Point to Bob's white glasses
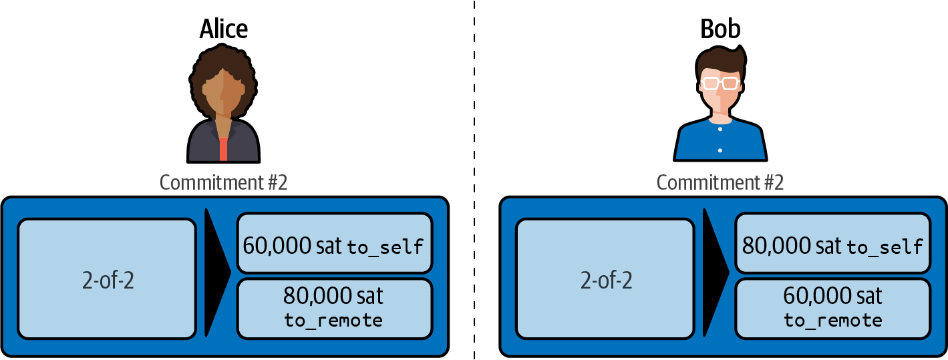click(720, 83)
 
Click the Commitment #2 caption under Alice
click(223, 183)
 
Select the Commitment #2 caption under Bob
click(720, 183)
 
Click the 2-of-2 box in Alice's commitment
click(107, 279)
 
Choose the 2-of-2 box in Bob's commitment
click(605, 279)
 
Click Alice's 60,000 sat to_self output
click(334, 243)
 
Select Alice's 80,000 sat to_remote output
click(334, 307)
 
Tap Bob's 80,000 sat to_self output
click(832, 243)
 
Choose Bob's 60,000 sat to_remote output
click(832, 307)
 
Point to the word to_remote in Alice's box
click(333, 321)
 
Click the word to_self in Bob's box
click(885, 247)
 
